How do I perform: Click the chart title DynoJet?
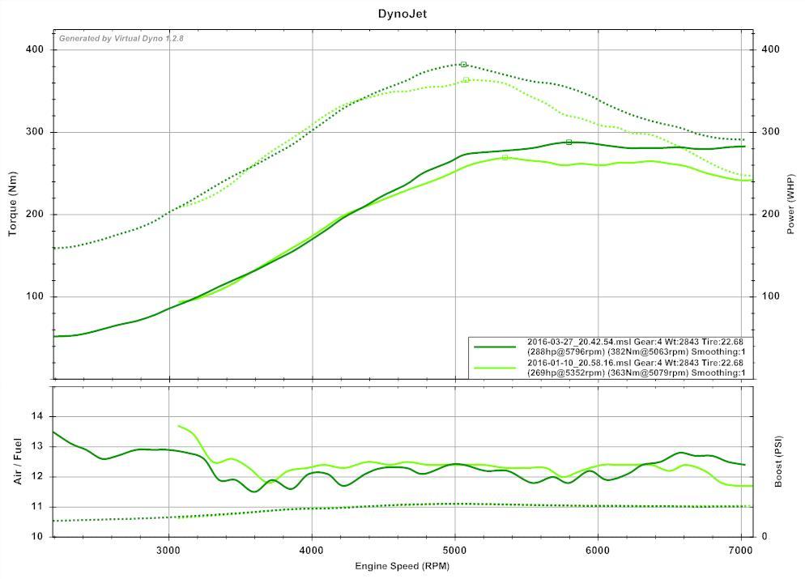click(402, 14)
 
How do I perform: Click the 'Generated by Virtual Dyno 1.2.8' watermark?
click(121, 39)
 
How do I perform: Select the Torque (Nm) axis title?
click(13, 206)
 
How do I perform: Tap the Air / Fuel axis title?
click(18, 461)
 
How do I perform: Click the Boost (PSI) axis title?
click(779, 461)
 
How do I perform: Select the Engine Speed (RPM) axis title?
click(402, 566)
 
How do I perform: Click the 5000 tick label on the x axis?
click(454, 551)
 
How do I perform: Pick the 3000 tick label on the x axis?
click(168, 551)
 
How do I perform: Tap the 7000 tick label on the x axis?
click(741, 551)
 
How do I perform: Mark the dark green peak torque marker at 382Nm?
click(463, 65)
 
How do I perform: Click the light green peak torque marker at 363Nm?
click(466, 80)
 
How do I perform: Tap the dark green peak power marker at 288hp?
click(569, 143)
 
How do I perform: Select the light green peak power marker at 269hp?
click(505, 158)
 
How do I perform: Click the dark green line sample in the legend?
click(495, 347)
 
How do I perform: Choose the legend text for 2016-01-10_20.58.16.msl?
click(635, 368)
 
